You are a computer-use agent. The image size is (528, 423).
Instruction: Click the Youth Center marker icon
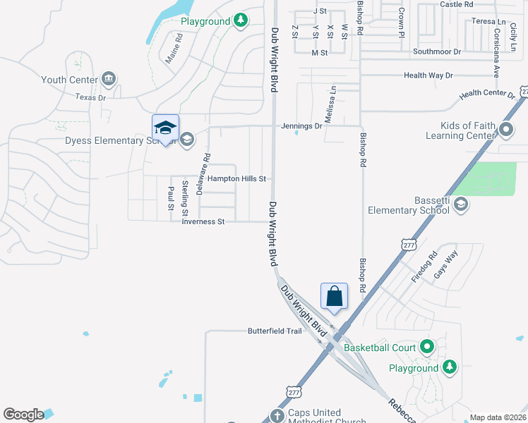pos(109,78)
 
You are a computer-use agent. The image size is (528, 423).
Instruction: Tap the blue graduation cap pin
pos(165,128)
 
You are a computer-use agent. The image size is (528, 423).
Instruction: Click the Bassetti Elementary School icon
pos(460,204)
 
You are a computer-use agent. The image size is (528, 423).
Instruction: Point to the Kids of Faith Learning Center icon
pos(505,130)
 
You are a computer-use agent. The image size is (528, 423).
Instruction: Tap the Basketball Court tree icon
pos(426,347)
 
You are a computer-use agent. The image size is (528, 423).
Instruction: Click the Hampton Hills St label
pos(236,179)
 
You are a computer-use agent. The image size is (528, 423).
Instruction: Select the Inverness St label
pos(203,221)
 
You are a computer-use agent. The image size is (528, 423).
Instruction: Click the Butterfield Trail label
pos(275,331)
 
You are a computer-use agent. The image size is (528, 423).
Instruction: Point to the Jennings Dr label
pos(301,126)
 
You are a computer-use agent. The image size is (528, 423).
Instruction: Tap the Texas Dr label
pos(90,97)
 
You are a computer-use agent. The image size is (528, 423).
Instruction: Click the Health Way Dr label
pos(428,75)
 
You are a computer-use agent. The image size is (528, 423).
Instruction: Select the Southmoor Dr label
pos(436,51)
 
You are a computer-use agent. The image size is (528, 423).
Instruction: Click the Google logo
pos(23,415)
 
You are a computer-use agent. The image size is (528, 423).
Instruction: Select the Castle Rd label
pos(456,4)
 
